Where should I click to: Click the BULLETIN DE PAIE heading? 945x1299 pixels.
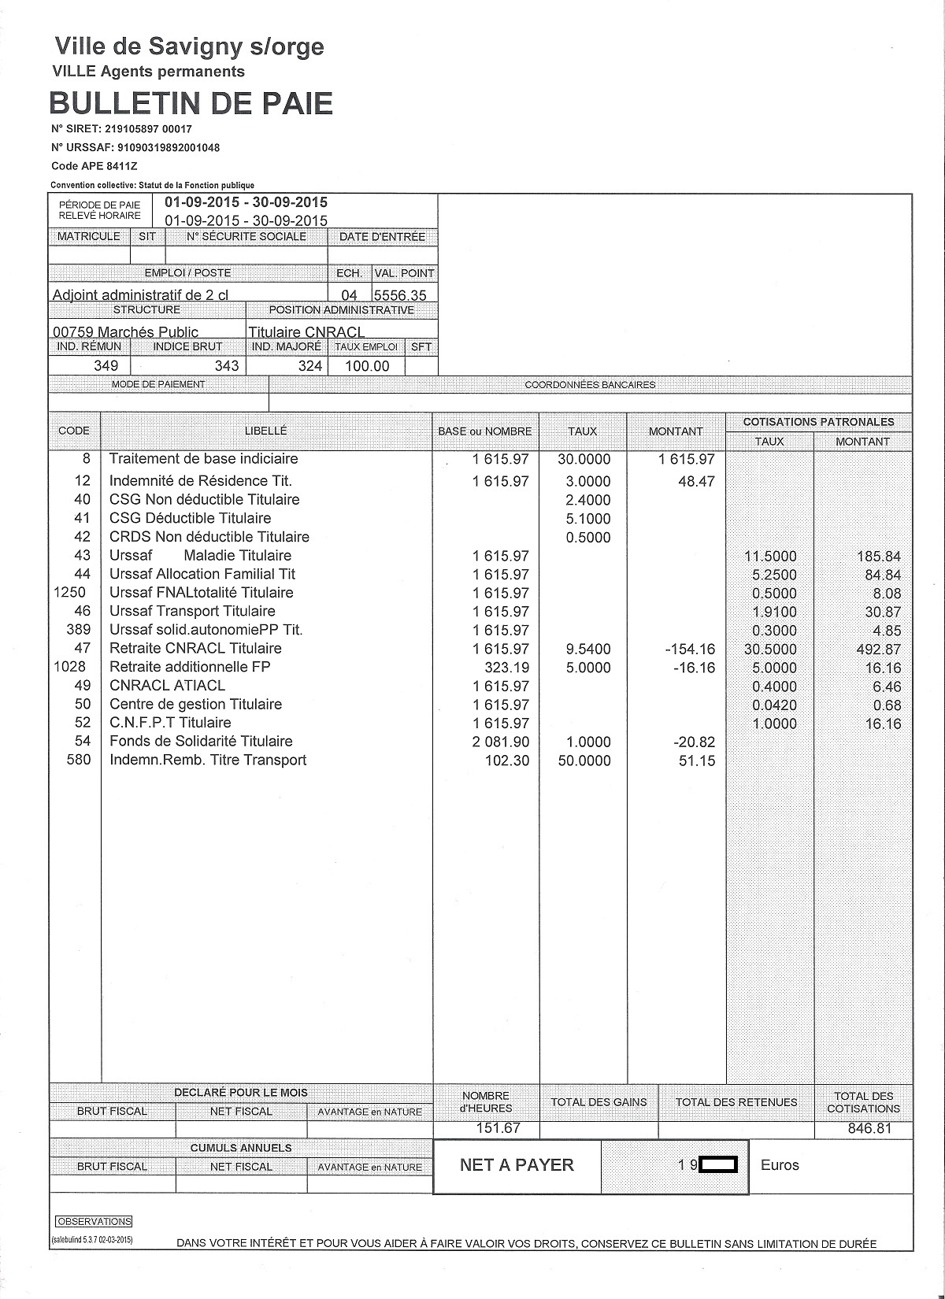[191, 103]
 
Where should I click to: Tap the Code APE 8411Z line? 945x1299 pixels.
[94, 166]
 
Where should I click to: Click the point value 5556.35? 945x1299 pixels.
[401, 295]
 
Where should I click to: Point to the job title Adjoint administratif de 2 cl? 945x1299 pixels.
[140, 295]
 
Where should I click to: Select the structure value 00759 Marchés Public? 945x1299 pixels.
[125, 332]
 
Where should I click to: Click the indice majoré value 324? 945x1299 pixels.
[310, 366]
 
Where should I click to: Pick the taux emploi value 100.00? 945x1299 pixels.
[367, 366]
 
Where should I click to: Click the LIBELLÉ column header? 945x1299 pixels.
[266, 431]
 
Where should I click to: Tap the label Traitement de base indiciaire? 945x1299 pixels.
[203, 459]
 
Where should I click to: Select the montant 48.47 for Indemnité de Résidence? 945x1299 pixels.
[696, 481]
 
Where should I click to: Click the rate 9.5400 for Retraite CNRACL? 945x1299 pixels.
[584, 649]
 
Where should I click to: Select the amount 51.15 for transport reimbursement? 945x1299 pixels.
[697, 761]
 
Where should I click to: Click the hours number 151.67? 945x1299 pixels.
[498, 1128]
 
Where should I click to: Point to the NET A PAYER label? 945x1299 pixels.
[517, 1165]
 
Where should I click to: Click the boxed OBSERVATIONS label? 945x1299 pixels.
[94, 1222]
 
